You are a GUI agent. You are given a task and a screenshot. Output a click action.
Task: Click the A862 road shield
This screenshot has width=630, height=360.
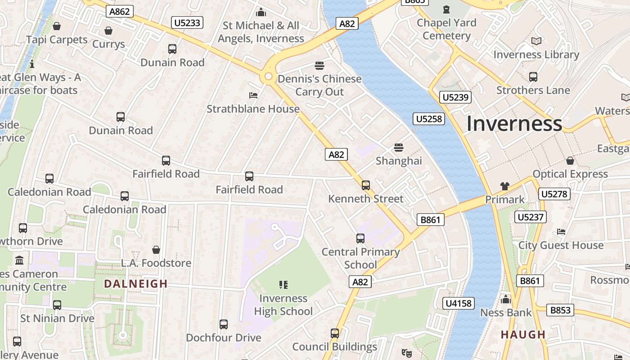(120, 11)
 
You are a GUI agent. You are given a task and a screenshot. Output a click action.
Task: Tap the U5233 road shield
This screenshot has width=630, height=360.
(187, 22)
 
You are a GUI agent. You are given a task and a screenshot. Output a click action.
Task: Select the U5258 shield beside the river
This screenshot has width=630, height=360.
(429, 119)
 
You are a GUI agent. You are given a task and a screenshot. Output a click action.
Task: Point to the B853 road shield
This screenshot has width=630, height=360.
(560, 310)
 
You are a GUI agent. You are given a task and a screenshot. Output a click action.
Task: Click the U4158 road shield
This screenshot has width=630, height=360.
(459, 303)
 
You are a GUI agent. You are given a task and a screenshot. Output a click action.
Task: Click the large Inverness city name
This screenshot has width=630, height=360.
(514, 124)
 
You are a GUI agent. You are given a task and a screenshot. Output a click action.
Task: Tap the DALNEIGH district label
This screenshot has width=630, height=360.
(135, 283)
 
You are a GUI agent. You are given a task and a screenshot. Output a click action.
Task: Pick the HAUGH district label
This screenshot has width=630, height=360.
(523, 334)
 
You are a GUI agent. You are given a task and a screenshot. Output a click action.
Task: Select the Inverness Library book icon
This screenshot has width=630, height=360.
(536, 41)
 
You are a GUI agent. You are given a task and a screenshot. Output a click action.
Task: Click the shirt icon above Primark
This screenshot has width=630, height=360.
(504, 186)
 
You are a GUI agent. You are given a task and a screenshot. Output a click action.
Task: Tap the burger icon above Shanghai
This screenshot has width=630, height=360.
(398, 147)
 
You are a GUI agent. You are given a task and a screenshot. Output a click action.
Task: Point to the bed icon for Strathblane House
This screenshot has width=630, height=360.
(253, 95)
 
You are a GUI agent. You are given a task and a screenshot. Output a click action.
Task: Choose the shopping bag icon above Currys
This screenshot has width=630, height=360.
(108, 31)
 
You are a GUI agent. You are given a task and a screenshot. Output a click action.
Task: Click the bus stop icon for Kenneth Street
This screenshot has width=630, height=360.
(366, 185)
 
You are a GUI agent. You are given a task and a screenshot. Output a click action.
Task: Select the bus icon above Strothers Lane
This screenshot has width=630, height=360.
(533, 77)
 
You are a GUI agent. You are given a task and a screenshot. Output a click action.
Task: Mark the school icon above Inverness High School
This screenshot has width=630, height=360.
(283, 284)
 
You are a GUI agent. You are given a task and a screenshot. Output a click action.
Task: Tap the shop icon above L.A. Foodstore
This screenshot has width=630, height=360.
(156, 250)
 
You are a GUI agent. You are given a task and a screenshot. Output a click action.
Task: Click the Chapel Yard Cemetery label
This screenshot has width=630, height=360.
(446, 29)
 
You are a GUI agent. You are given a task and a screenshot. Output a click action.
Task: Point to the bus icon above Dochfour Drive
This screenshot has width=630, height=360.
(224, 324)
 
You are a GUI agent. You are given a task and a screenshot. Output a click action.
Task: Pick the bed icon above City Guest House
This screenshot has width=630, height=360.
(561, 232)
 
